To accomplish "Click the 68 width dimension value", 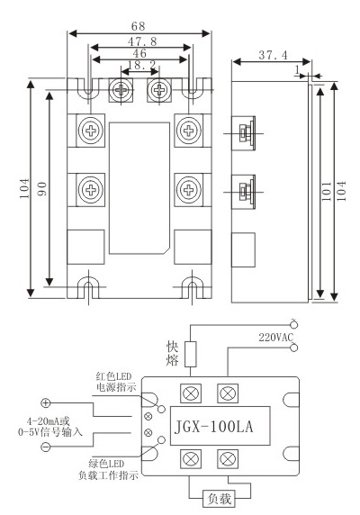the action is (x=138, y=26).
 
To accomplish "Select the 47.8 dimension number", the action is (x=142, y=41).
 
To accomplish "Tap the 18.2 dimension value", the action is (x=141, y=65).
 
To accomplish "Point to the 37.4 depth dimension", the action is (x=273, y=55).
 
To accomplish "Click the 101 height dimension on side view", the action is (x=326, y=191).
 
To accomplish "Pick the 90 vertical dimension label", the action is (x=41, y=189).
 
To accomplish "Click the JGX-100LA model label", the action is (x=213, y=427).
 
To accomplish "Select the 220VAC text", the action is (x=275, y=338).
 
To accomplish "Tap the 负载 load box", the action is (x=219, y=499).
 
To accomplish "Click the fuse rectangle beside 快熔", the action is (x=190, y=354).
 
